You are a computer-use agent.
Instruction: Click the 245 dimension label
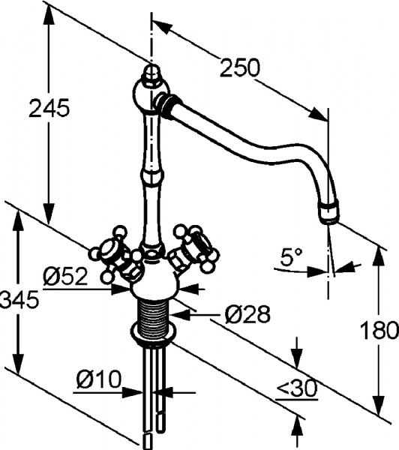point(49,108)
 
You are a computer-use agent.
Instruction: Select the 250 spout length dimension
point(239,67)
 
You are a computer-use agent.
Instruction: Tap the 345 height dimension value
point(16,301)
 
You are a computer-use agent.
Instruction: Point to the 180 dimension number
point(379,329)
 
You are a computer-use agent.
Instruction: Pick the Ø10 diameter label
point(97,380)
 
